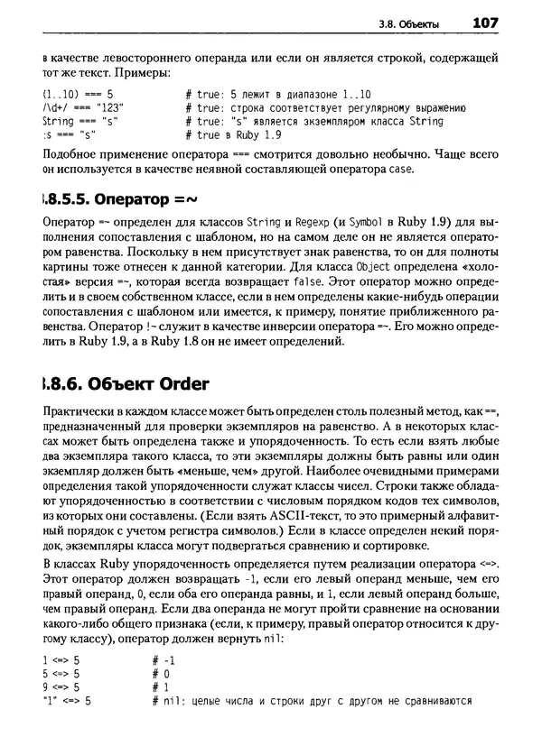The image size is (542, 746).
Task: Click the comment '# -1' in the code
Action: pyautogui.click(x=163, y=660)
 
